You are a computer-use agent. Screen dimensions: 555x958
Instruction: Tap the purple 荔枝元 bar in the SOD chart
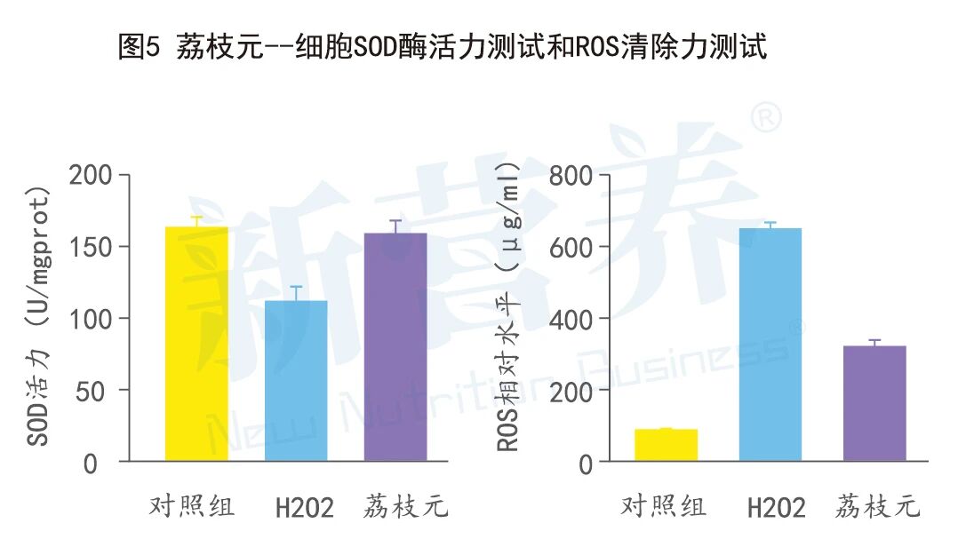point(395,346)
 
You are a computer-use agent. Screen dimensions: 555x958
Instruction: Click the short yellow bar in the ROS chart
point(666,445)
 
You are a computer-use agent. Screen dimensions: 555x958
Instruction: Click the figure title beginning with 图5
point(442,46)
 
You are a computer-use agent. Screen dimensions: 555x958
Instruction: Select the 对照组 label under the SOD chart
point(191,507)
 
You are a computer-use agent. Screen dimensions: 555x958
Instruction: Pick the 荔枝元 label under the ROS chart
point(877,507)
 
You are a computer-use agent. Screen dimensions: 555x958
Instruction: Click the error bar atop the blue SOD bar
point(297,293)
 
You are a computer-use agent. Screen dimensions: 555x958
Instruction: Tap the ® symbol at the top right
point(767,117)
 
